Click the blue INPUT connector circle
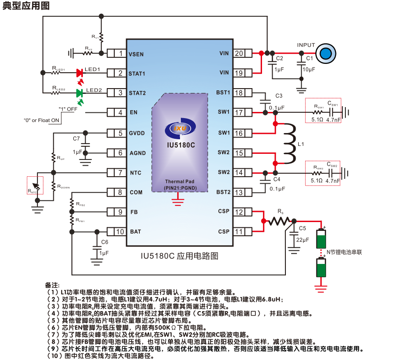pos(326,53)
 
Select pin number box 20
pos(239,53)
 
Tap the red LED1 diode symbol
pos(80,73)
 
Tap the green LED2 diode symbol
pos(80,93)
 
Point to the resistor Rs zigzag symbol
pos(279,222)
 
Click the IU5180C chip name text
pos(181,145)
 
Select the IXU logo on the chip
pos(180,128)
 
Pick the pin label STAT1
pos(137,74)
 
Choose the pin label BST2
pos(223,192)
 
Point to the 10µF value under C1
pos(309,70)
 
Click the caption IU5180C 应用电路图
pos(180,256)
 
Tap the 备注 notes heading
pos(52,285)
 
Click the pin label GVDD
pos(137,133)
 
